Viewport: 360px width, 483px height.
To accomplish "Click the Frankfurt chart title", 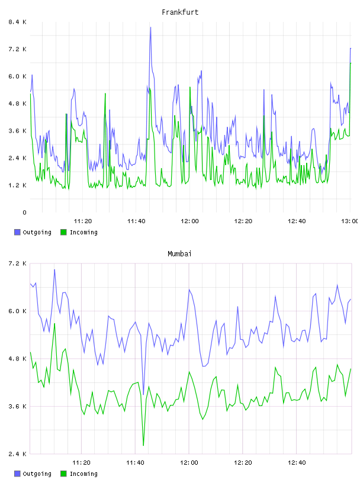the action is click(180, 12).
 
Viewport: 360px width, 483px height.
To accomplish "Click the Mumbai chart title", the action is click(179, 254).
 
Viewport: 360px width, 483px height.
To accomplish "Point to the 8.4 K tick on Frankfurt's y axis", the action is click(17, 22).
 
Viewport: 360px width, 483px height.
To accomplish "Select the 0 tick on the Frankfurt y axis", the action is click(24, 212).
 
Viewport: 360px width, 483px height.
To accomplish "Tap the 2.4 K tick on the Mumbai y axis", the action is click(17, 454).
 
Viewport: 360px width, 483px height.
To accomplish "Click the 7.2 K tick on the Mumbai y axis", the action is click(17, 263).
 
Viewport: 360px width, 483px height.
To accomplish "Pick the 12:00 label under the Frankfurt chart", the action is click(189, 221).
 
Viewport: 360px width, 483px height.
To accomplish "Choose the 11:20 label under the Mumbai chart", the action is click(81, 463).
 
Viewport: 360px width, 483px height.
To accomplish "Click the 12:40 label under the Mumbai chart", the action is click(297, 463).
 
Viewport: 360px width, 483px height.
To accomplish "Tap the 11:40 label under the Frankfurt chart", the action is click(136, 221).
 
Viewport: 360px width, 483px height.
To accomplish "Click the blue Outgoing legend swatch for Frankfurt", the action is click(17, 232).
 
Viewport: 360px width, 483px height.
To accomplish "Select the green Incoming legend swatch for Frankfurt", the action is click(63, 232).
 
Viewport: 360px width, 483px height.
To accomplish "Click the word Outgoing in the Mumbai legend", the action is click(37, 474).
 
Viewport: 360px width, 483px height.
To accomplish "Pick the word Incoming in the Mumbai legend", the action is click(83, 474).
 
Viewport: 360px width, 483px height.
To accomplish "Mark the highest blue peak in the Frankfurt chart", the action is click(150, 27).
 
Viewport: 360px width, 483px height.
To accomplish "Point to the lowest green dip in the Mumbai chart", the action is click(143, 445).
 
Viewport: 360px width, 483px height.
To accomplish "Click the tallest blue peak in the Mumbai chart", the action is click(54, 270).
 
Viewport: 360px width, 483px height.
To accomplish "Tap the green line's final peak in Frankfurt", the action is click(351, 63).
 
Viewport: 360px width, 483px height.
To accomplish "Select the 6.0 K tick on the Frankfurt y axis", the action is click(17, 76).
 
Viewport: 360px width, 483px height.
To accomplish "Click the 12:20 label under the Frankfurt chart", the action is click(243, 221).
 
